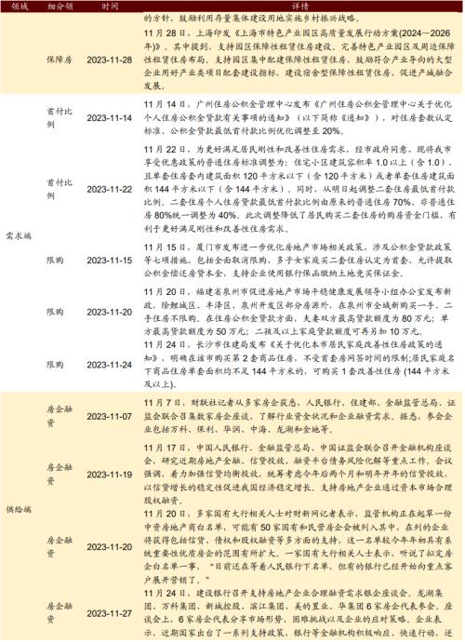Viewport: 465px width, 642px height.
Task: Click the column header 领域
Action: [19, 6]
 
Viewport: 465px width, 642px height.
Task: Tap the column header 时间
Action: [111, 6]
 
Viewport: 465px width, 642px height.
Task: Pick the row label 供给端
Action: [19, 511]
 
